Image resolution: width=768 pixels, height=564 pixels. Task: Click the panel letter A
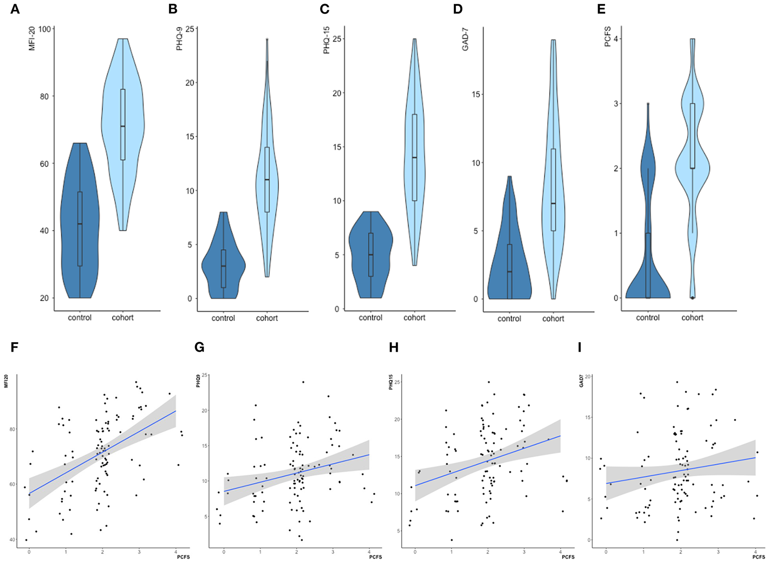coord(15,9)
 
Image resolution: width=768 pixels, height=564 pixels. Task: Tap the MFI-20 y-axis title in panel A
coord(32,39)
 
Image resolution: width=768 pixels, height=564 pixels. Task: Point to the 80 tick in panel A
coord(44,97)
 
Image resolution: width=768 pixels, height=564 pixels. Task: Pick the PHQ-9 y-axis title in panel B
coord(179,39)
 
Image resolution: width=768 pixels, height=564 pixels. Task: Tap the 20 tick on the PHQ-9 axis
coord(189,83)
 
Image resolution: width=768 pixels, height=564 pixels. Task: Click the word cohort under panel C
coord(414,318)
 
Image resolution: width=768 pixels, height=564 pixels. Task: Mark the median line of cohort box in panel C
coord(415,158)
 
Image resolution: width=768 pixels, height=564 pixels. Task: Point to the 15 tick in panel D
coord(476,94)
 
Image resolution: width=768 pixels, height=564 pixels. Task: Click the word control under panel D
coord(509,319)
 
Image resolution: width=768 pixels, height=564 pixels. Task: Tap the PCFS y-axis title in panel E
coord(608,37)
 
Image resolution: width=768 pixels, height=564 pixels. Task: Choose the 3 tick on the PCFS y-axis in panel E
coord(615,104)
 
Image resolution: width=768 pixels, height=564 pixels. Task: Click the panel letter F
coord(14,347)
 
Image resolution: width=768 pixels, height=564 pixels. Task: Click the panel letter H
coord(394,347)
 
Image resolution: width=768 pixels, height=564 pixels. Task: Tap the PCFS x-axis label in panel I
coord(758,557)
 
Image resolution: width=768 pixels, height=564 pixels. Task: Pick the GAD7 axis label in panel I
coord(582,381)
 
